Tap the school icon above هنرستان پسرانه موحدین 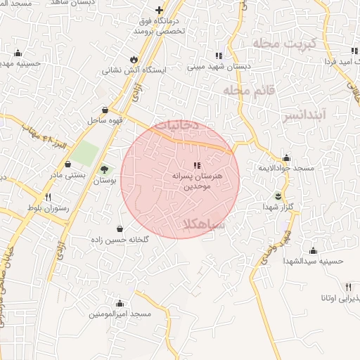click(186, 165)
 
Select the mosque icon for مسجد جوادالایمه click(286, 158)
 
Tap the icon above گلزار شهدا click(279, 195)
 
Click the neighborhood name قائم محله click(247, 91)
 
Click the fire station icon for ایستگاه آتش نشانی click(133, 59)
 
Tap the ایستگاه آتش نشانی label click(134, 70)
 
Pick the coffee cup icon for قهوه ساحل click(105, 110)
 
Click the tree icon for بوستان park click(105, 169)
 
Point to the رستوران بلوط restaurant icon click(49, 198)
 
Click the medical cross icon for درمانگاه click(160, 10)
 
